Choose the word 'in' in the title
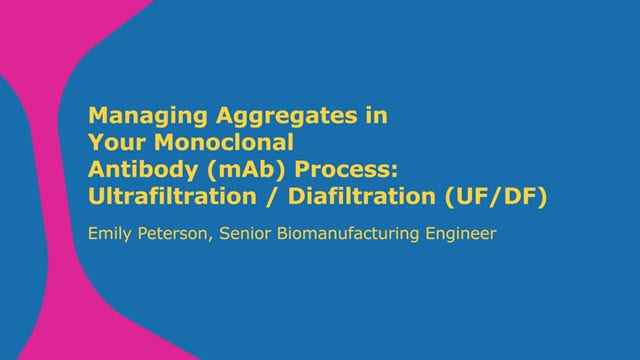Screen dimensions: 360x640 375,116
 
